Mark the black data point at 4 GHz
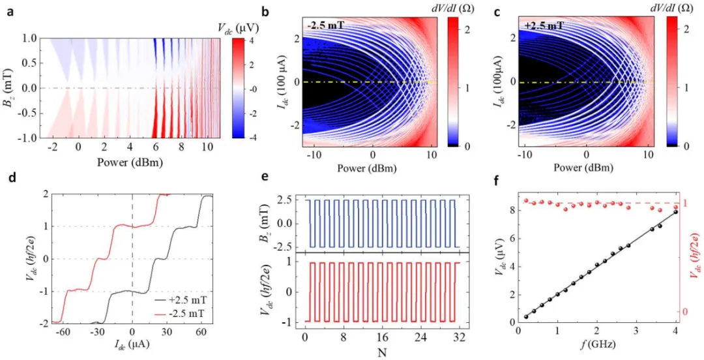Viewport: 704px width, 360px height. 675,212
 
